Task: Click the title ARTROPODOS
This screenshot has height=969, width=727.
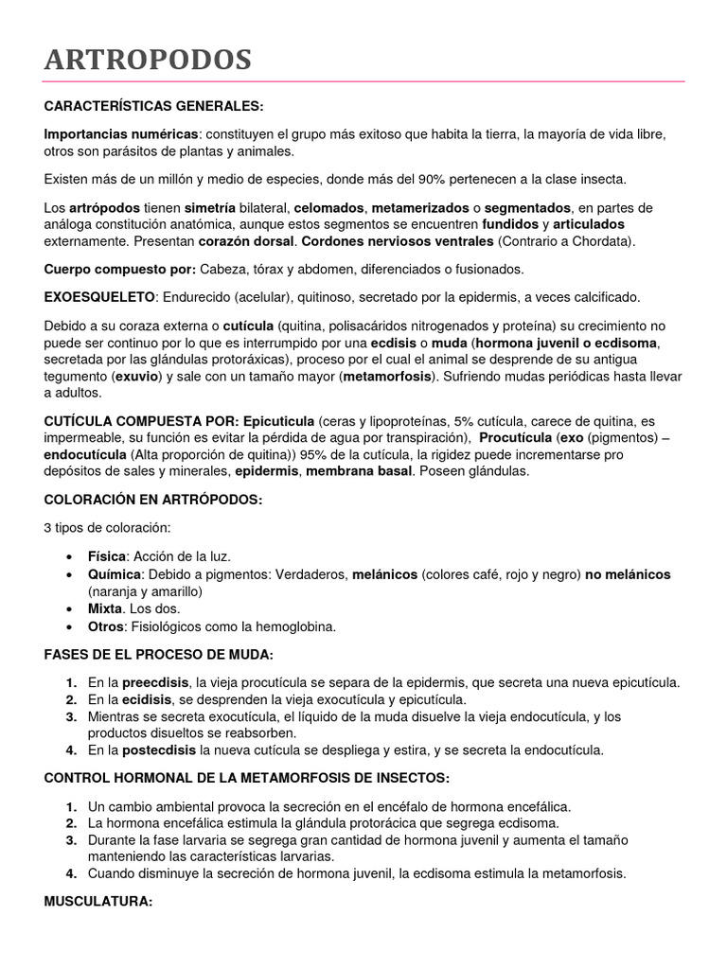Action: tap(148, 61)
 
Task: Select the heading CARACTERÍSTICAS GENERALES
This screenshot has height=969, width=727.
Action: tap(153, 105)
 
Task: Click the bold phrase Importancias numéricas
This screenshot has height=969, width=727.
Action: tap(121, 135)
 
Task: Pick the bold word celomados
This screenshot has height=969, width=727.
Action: tap(328, 207)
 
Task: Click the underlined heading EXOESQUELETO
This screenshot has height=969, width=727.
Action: tap(99, 297)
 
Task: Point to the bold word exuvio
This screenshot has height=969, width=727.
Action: tap(139, 377)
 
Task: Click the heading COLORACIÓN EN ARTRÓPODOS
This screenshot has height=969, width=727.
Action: tap(152, 499)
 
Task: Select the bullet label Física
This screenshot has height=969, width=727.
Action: tap(106, 555)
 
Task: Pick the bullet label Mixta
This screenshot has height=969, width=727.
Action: tap(105, 608)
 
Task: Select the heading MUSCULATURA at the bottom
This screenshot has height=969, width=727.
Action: tap(98, 902)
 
